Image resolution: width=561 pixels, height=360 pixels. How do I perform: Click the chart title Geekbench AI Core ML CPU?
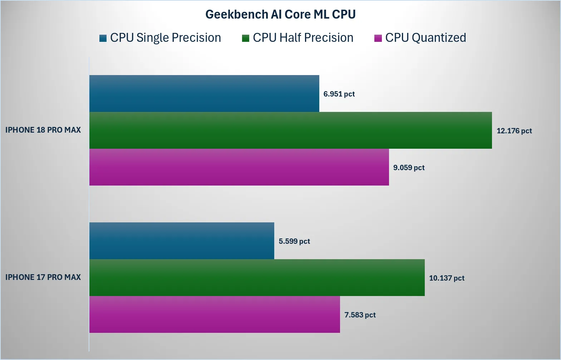coord(280,14)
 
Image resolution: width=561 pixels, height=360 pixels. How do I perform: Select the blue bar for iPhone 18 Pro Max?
coord(204,93)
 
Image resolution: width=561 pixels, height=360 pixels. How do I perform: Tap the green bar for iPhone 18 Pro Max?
coord(291,130)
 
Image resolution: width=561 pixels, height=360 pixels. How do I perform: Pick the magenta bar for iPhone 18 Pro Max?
coord(239,167)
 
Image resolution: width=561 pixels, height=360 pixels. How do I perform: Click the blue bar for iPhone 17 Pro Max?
coord(182,241)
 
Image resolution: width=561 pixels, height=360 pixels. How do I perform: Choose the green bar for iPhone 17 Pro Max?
coord(257,278)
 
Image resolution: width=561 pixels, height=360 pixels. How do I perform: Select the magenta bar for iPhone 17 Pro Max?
coord(215,315)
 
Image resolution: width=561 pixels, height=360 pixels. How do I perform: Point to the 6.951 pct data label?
coord(339,94)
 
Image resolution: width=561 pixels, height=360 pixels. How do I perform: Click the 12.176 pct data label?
coord(514,131)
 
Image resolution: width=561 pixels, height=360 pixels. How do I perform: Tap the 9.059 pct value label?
coord(409,167)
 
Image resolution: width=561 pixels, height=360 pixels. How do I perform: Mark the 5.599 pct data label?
coord(294,241)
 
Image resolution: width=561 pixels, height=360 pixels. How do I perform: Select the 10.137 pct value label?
coord(447,278)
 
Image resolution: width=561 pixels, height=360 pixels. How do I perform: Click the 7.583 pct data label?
coord(360,315)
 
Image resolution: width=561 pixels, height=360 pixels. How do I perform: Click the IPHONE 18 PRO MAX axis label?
coord(43,130)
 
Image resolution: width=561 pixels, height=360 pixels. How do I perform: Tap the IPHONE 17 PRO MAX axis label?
coord(43,277)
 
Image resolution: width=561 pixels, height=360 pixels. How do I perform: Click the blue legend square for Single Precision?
coord(103,38)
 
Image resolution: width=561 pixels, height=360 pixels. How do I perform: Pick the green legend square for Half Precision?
coord(246,38)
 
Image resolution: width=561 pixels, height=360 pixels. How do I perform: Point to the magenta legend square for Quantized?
coord(378,38)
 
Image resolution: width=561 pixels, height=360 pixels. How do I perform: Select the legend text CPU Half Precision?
coord(303,38)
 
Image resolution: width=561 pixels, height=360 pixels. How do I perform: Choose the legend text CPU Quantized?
coord(425,38)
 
